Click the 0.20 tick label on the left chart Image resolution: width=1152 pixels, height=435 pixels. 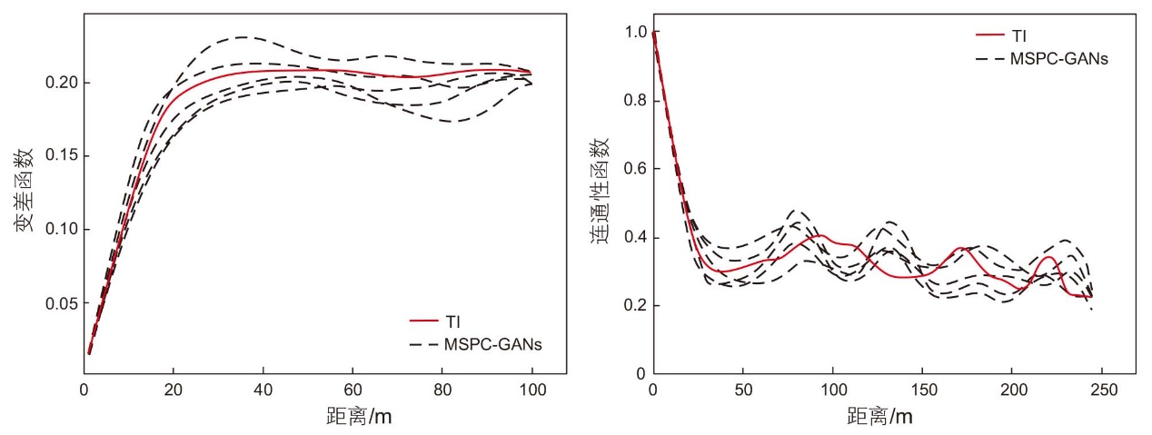pyautogui.click(x=61, y=83)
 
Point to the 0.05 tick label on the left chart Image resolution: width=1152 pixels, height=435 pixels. pyautogui.click(x=61, y=304)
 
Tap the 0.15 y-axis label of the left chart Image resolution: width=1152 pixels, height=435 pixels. pyautogui.click(x=61, y=156)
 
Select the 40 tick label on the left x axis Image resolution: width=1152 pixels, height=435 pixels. pyautogui.click(x=263, y=391)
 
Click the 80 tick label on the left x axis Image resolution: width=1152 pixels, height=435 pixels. pyautogui.click(x=442, y=391)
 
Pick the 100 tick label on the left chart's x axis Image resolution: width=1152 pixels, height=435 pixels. pyautogui.click(x=532, y=391)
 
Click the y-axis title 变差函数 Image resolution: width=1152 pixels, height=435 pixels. pyautogui.click(x=25, y=190)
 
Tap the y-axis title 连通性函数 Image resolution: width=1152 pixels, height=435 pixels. pyautogui.click(x=600, y=191)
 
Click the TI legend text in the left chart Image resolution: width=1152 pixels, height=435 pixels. pyautogui.click(x=452, y=321)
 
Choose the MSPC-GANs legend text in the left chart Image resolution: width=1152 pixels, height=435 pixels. pyautogui.click(x=492, y=344)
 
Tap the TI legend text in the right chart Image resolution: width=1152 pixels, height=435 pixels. pyautogui.click(x=1018, y=36)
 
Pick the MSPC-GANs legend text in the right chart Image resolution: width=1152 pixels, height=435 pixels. pyautogui.click(x=1059, y=59)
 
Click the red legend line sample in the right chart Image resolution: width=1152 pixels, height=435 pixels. pyautogui.click(x=990, y=35)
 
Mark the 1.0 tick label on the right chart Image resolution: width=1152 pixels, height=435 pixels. pyautogui.click(x=635, y=32)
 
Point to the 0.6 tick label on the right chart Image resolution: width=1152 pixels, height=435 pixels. pyautogui.click(x=635, y=169)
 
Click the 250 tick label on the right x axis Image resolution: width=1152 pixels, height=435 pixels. pyautogui.click(x=1104, y=391)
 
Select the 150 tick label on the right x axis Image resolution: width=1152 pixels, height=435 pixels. pyautogui.click(x=924, y=391)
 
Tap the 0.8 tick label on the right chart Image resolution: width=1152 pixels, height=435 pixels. pyautogui.click(x=635, y=100)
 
